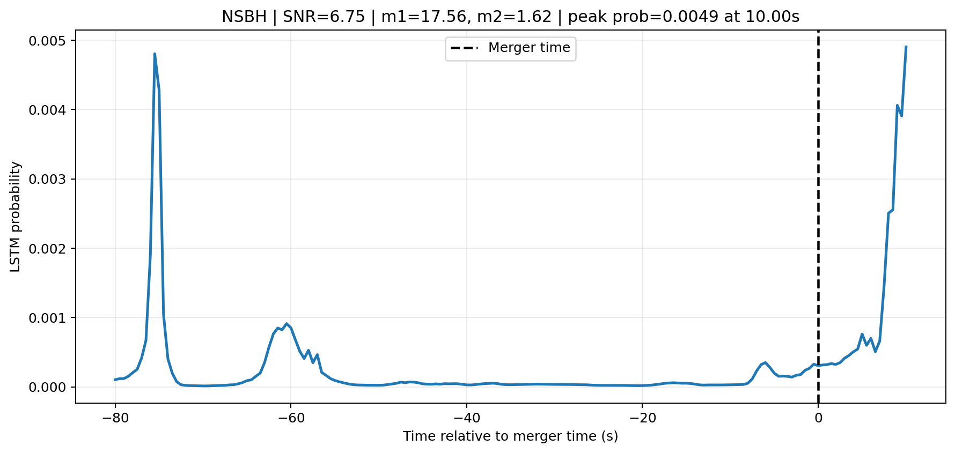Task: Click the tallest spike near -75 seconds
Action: click(x=155, y=54)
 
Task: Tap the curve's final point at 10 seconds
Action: click(x=906, y=47)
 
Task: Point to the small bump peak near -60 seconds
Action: click(x=287, y=323)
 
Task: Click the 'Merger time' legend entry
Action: click(x=511, y=48)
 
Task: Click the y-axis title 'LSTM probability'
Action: click(x=16, y=217)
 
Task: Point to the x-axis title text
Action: click(x=511, y=436)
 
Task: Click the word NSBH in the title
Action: click(x=244, y=17)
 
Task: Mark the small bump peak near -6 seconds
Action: click(x=765, y=362)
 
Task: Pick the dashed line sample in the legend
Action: click(x=464, y=48)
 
